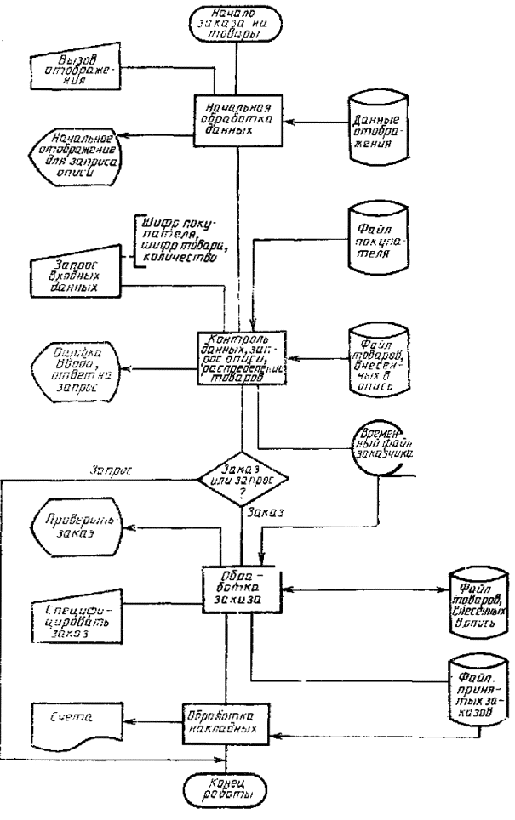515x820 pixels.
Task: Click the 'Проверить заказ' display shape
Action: (x=77, y=536)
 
